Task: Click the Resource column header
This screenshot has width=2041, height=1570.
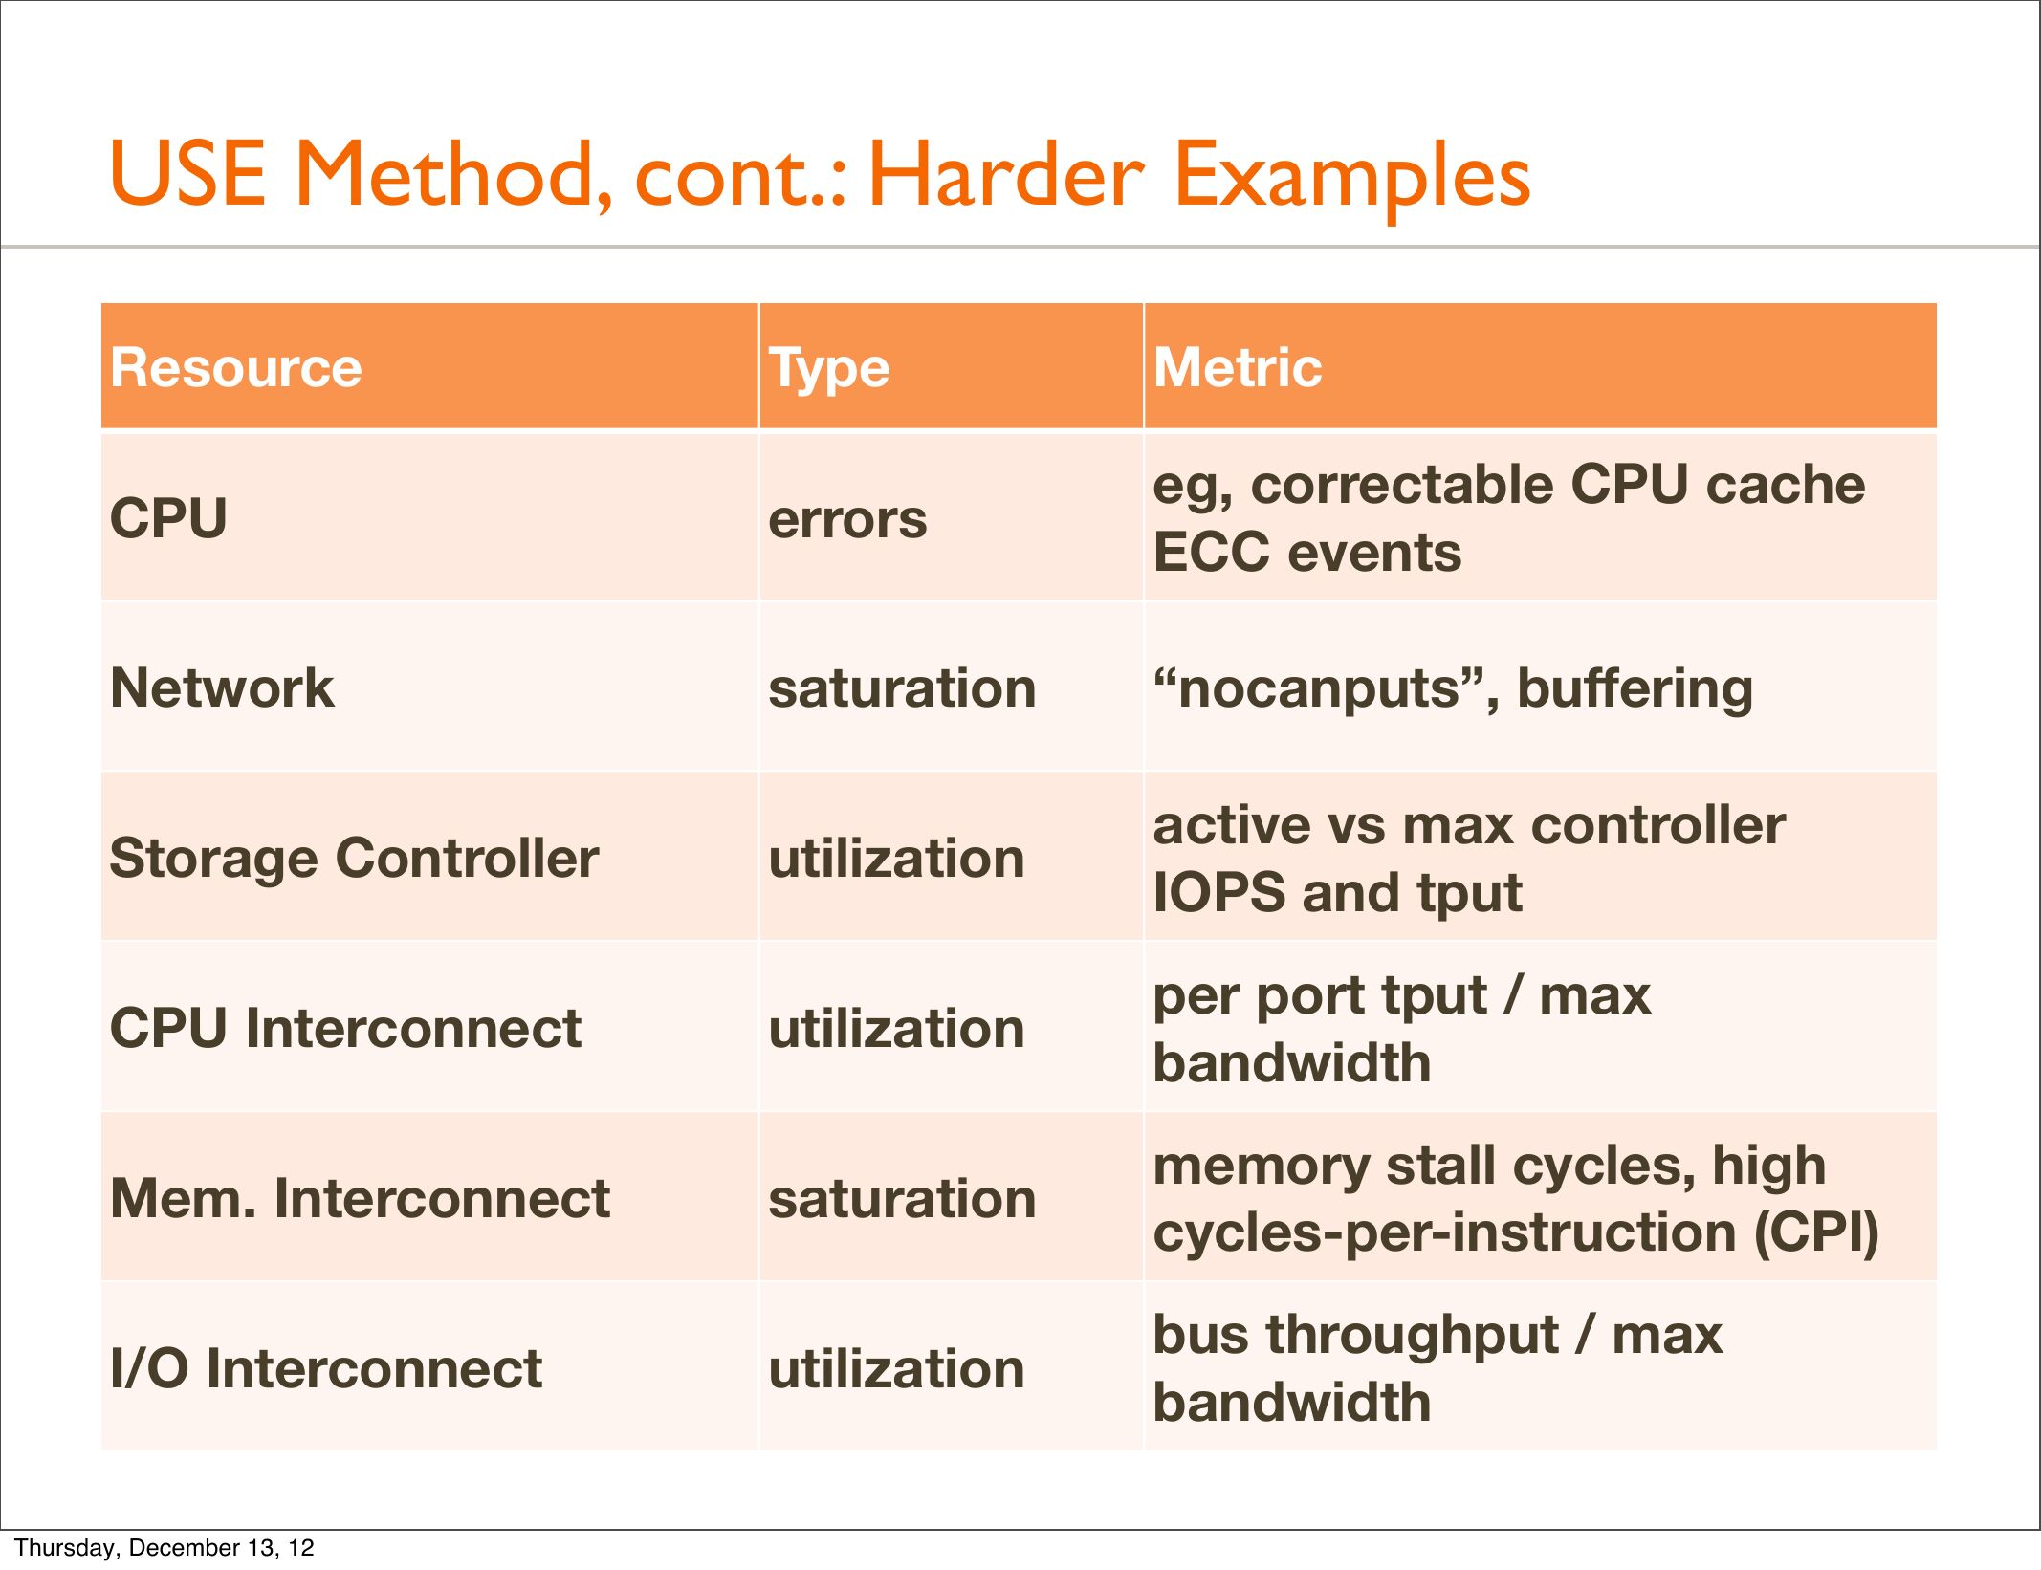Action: pyautogui.click(x=236, y=367)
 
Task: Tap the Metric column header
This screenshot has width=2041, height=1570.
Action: pyautogui.click(x=1238, y=367)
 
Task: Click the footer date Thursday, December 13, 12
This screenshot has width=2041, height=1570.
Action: pyautogui.click(x=165, y=1548)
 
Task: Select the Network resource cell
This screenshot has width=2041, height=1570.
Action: pyautogui.click(x=222, y=687)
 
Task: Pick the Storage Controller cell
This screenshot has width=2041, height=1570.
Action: pyautogui.click(x=354, y=858)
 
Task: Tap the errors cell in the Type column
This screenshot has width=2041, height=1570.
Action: pyautogui.click(x=847, y=520)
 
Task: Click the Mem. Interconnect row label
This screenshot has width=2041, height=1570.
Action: pyautogui.click(x=360, y=1198)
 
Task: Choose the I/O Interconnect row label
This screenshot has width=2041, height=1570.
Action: pyautogui.click(x=326, y=1368)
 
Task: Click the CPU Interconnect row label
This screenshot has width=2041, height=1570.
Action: pyautogui.click(x=345, y=1028)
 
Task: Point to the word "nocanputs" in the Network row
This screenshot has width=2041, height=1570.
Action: pyautogui.click(x=1326, y=689)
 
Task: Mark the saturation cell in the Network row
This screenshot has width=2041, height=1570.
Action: pyautogui.click(x=902, y=687)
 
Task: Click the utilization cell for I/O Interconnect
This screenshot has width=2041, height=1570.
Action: pyautogui.click(x=896, y=1368)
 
